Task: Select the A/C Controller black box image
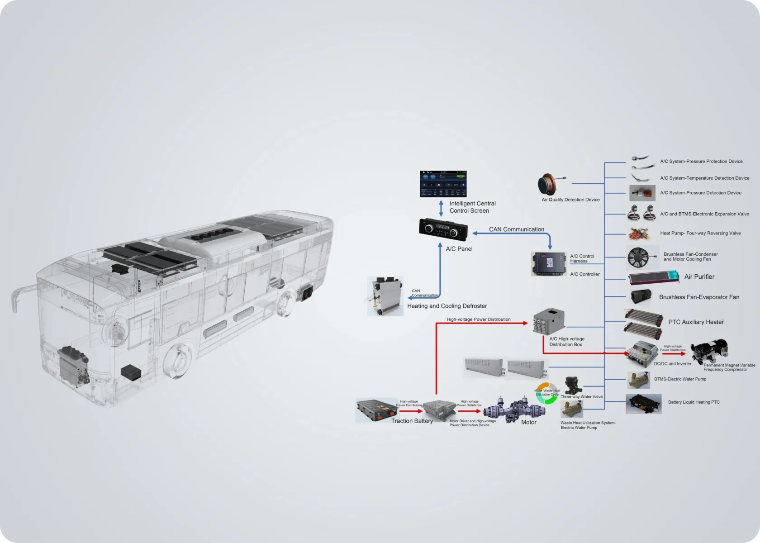pyautogui.click(x=548, y=264)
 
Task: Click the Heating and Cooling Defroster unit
pyautogui.click(x=385, y=296)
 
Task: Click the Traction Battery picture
pyautogui.click(x=377, y=410)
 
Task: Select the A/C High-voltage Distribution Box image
pyautogui.click(x=549, y=321)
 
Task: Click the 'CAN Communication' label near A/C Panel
pyautogui.click(x=516, y=229)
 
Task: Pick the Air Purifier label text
pyautogui.click(x=699, y=277)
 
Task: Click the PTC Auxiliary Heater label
pyautogui.click(x=696, y=322)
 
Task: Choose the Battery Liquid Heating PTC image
pyautogui.click(x=643, y=404)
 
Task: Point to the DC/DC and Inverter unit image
pyautogui.click(x=642, y=352)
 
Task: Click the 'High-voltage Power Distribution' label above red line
pyautogui.click(x=478, y=319)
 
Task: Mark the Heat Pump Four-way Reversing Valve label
pyautogui.click(x=700, y=233)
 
